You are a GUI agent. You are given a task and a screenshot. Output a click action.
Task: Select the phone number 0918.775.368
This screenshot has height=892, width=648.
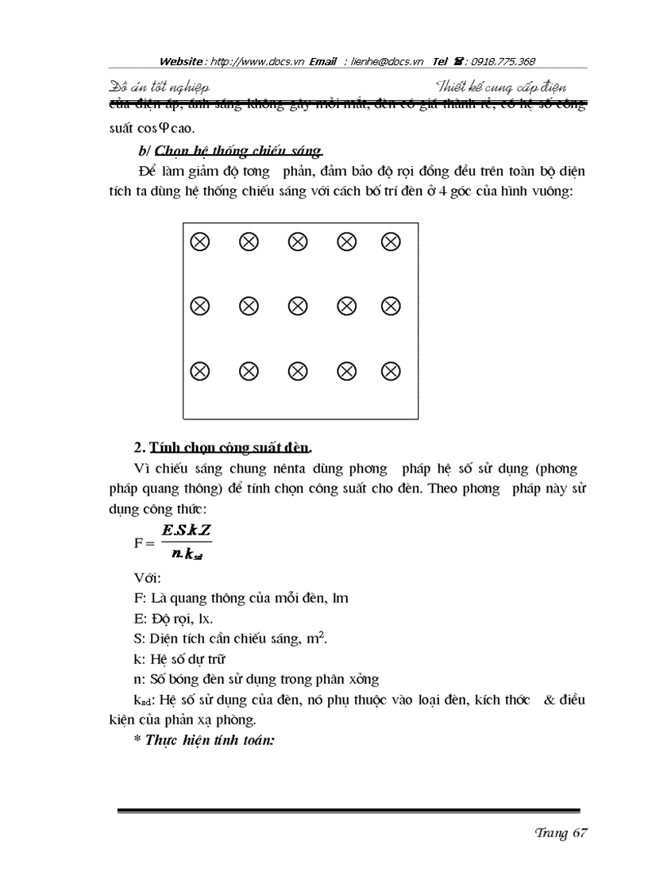[503, 61]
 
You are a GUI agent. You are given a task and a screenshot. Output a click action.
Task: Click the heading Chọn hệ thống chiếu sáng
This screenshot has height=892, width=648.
[239, 151]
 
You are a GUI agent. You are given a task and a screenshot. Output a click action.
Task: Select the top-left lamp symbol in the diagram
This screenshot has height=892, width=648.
[200, 241]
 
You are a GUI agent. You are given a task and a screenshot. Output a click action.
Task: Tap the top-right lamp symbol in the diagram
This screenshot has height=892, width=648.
[390, 241]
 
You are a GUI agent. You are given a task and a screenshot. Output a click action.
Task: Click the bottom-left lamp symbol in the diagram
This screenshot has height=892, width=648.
[200, 370]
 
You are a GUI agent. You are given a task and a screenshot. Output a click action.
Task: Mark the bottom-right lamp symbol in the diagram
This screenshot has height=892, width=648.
[390, 370]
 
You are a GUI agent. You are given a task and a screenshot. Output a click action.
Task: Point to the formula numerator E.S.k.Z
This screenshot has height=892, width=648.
[186, 531]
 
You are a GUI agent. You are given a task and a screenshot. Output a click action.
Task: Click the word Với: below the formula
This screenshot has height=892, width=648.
[148, 577]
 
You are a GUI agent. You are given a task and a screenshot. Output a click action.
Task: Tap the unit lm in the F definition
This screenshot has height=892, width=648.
[341, 598]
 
